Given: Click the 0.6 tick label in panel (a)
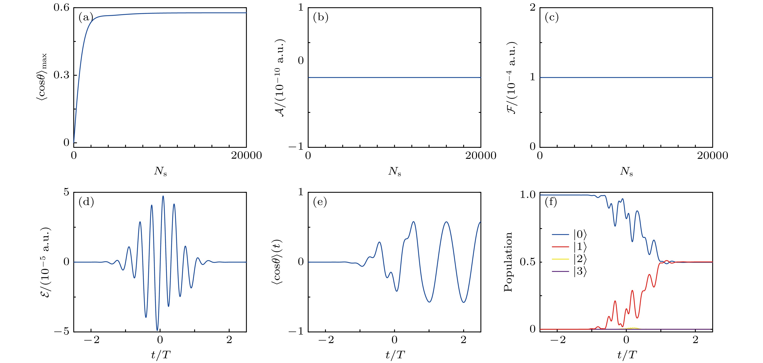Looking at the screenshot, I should [x=61, y=7].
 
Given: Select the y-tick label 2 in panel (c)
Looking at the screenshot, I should [x=532, y=7].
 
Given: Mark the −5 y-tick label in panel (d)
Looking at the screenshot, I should [x=62, y=331].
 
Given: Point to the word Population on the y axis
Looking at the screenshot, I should [x=508, y=262].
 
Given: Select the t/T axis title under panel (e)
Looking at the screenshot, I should [x=395, y=354].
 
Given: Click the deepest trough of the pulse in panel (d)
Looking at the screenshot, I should [x=157, y=330].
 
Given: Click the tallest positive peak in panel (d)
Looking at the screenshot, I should [x=163, y=196].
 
